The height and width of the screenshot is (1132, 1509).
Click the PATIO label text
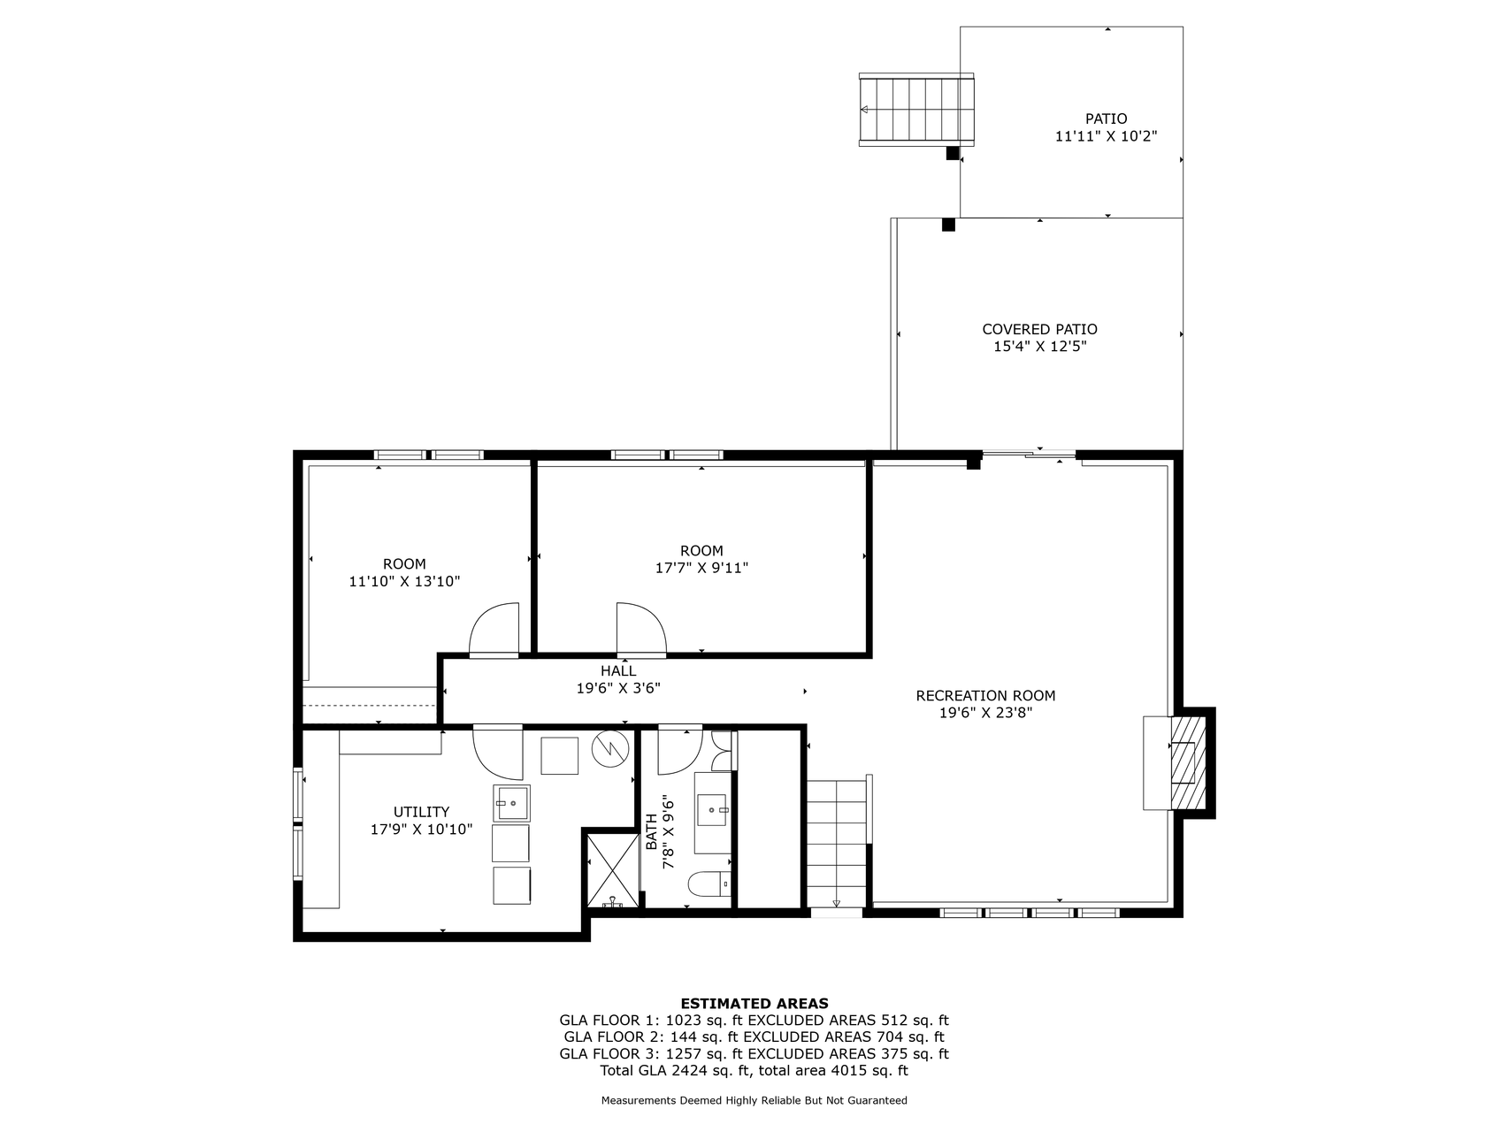point(1106,119)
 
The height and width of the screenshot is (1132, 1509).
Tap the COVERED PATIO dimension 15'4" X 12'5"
point(1039,347)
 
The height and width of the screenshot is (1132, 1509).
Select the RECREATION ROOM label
point(985,696)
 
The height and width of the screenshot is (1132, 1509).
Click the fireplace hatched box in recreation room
point(1188,761)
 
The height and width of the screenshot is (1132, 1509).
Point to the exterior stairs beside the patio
point(916,111)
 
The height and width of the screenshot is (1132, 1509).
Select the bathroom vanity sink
point(712,808)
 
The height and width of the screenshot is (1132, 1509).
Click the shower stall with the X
point(612,868)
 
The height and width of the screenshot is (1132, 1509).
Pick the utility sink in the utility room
point(511,803)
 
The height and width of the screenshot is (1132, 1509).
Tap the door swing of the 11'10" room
point(494,630)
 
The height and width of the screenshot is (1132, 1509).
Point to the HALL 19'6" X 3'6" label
point(618,679)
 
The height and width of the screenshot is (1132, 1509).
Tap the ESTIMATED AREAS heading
point(754,1003)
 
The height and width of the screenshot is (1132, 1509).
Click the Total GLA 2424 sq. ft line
point(754,1070)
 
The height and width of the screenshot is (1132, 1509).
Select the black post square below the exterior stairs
point(953,153)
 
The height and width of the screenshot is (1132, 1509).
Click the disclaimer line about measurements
point(754,1101)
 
